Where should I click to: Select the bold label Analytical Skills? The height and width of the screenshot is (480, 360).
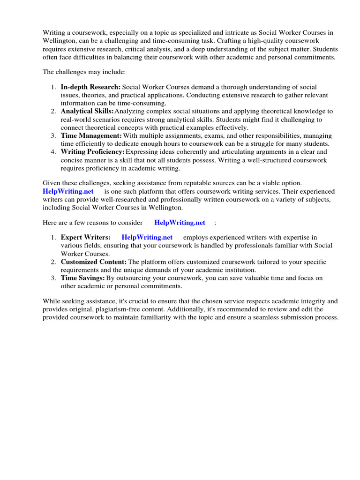tap(87, 112)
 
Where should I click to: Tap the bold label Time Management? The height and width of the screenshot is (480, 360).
tap(91, 136)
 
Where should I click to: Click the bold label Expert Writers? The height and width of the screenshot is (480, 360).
tap(85, 238)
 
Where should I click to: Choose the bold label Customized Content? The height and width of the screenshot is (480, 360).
tap(94, 262)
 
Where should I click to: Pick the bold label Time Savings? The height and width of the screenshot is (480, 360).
tap(83, 278)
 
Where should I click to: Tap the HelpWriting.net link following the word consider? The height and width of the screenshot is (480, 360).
tap(180, 222)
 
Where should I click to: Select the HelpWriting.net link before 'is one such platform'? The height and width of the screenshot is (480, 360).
tap(68, 192)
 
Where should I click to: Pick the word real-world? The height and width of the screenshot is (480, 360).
tap(76, 120)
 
